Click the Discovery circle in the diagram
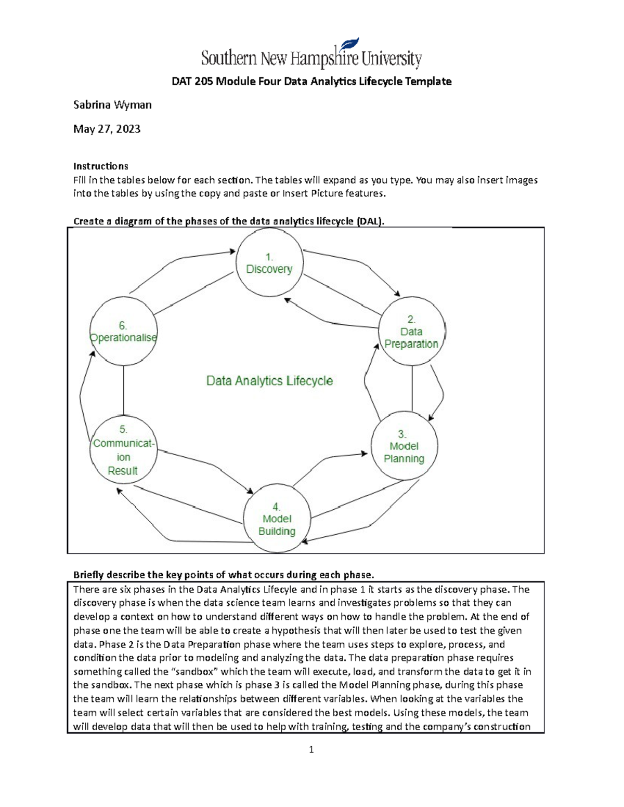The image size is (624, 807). click(269, 263)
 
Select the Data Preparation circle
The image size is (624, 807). click(411, 332)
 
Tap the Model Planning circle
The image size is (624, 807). click(404, 446)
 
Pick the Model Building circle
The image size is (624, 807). click(277, 519)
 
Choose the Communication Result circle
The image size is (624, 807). click(123, 451)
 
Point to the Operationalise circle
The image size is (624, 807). click(123, 332)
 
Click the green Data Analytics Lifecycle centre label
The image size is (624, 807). click(269, 381)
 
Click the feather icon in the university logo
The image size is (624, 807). click(349, 45)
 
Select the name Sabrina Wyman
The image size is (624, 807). click(112, 105)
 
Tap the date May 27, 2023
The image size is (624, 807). click(107, 129)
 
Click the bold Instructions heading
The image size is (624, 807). click(100, 166)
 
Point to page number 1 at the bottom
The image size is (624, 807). click(311, 749)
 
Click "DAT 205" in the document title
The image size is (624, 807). click(192, 82)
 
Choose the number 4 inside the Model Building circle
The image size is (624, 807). click(276, 507)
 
